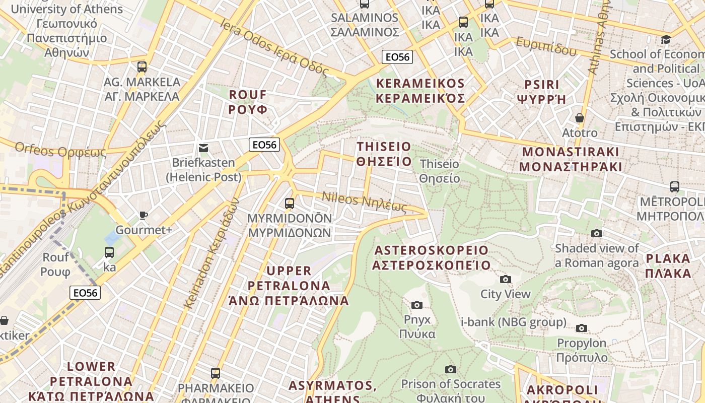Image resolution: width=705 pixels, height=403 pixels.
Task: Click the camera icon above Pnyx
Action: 416,305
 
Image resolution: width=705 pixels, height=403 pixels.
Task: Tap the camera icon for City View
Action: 505,279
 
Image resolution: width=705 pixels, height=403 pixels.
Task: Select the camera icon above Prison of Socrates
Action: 451,369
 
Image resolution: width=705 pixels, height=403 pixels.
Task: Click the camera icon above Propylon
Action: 582,328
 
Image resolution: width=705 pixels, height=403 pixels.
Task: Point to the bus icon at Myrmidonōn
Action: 290,204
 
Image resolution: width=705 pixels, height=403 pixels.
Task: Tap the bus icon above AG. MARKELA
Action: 142,66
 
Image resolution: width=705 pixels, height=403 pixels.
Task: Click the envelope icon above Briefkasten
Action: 203,148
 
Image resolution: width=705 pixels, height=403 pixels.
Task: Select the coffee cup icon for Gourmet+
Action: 144,215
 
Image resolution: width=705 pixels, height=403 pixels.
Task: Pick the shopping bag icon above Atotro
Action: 580,118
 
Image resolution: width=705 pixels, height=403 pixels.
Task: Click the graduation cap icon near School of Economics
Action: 666,39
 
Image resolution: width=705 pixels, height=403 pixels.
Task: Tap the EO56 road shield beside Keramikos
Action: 397,57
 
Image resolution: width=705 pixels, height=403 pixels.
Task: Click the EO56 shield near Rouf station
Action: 85,293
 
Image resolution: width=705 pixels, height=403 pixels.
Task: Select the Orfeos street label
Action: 60,150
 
